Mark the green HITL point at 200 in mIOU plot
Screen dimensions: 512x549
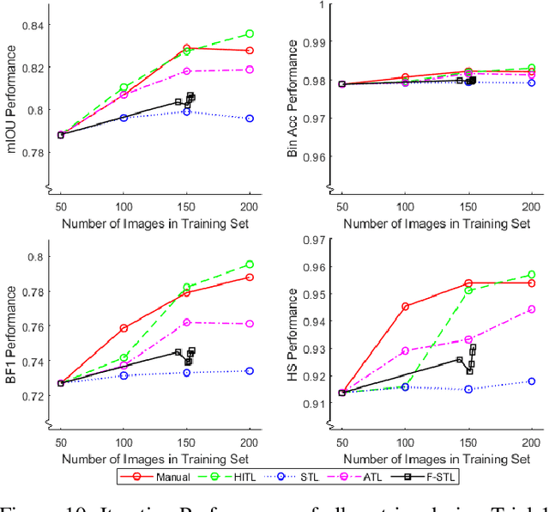[x=250, y=34]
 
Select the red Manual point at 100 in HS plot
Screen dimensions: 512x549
[x=406, y=306]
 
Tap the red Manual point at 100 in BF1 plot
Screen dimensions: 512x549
[x=124, y=328]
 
